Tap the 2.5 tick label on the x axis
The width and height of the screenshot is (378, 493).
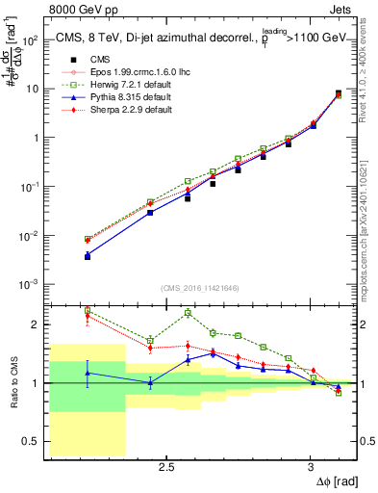click(166, 467)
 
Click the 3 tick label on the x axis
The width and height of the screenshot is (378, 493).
click(310, 467)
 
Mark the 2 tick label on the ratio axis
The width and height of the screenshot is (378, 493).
click(37, 324)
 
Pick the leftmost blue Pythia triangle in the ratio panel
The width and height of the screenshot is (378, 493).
click(88, 373)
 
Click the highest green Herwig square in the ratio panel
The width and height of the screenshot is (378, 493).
click(88, 310)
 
